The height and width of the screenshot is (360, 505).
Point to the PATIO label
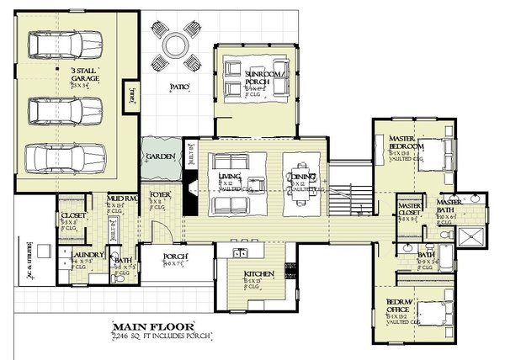coord(178,87)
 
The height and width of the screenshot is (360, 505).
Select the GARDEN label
coord(159,156)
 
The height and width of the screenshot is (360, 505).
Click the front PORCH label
coord(177,256)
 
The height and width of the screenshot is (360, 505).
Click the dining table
coord(302,177)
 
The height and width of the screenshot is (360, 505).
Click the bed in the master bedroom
coord(431,151)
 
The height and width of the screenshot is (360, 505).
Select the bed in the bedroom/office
coord(431,312)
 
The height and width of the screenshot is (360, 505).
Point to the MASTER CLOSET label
coord(410,210)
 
